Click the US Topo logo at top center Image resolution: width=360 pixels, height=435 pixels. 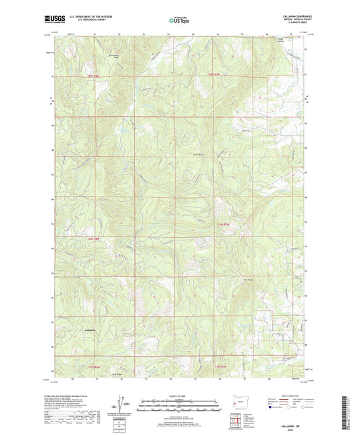(x=179, y=21)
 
